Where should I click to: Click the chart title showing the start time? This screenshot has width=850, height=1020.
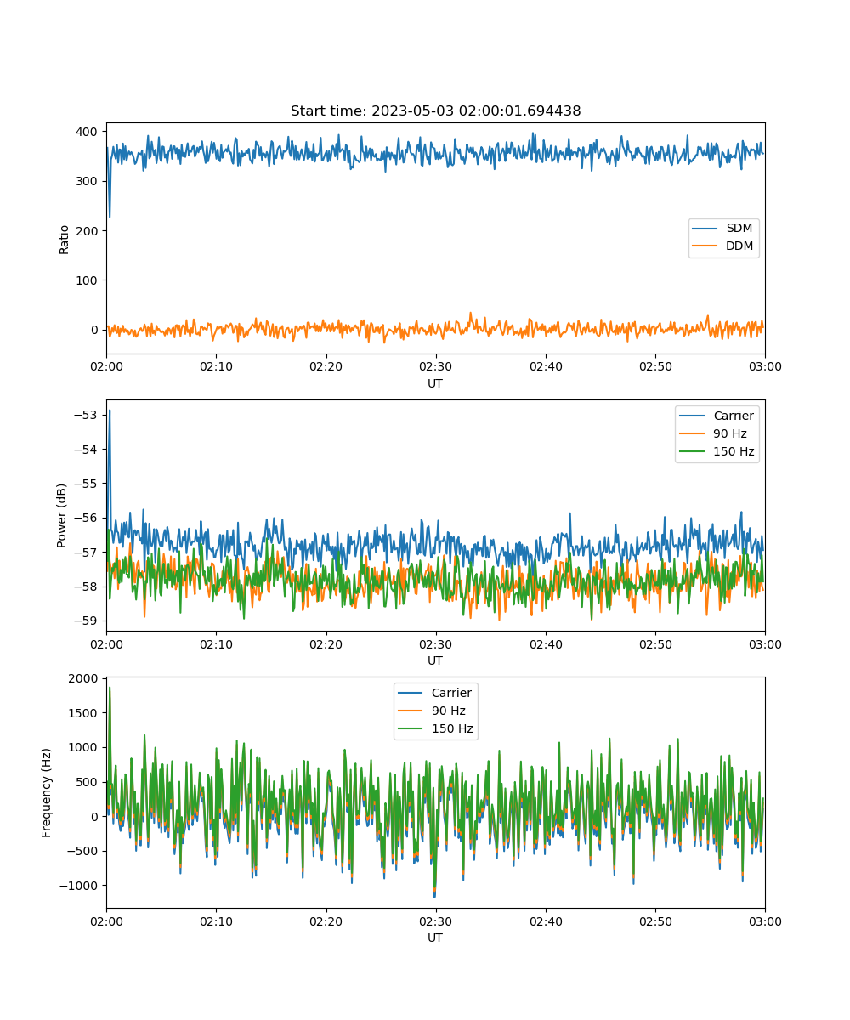[435, 110]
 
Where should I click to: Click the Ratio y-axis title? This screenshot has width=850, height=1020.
[64, 240]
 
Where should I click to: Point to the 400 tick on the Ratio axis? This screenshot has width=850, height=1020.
[87, 132]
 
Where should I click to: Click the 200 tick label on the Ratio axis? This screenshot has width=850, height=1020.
[87, 231]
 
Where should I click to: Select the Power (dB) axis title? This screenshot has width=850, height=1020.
[61, 515]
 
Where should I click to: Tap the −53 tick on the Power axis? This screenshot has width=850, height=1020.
[86, 416]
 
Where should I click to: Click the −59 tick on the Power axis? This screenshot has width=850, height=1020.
[86, 620]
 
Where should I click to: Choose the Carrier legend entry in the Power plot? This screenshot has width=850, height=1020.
[717, 416]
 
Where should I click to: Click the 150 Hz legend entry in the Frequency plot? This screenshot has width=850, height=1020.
[435, 728]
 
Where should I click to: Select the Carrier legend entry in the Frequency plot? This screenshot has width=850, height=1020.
[434, 693]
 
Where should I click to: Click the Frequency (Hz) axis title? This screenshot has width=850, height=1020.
[47, 793]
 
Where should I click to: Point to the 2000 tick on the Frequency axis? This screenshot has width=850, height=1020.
[83, 678]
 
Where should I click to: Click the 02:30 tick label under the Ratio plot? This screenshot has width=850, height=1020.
[436, 366]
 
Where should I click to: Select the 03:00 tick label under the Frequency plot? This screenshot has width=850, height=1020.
[765, 921]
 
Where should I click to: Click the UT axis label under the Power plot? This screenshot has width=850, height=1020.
[435, 660]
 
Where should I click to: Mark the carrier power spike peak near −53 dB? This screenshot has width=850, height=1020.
[110, 411]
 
